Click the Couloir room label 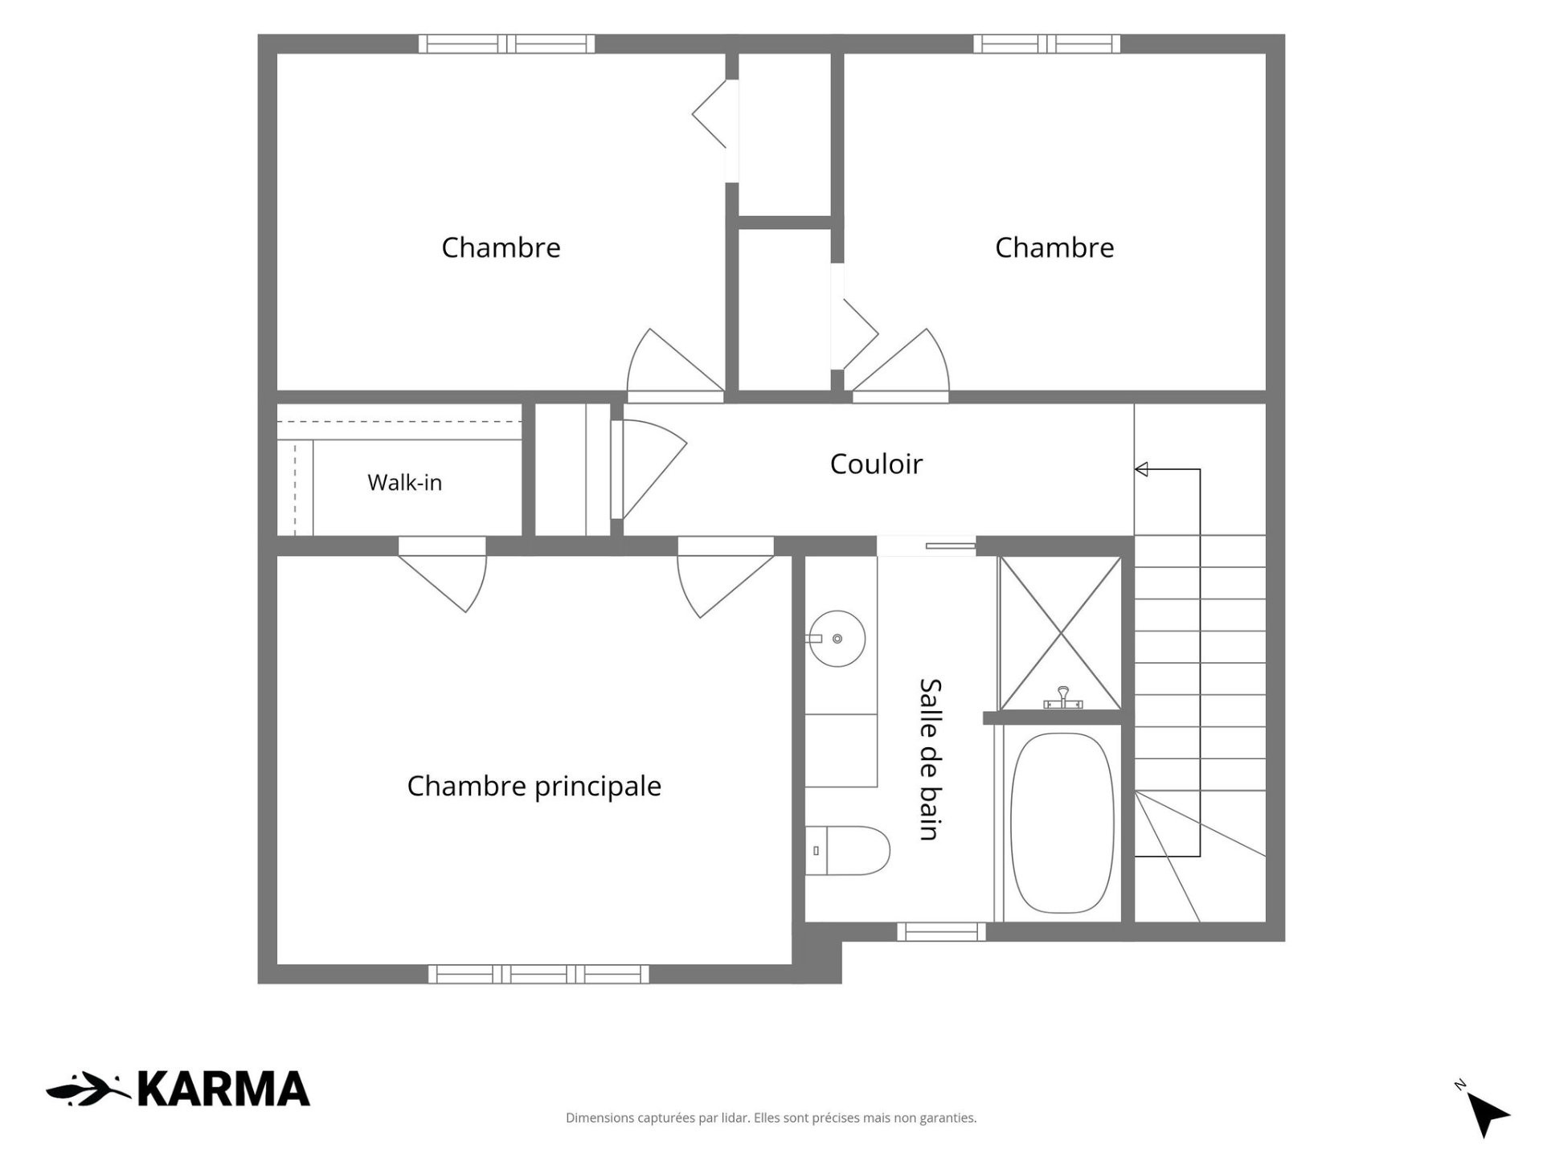pos(876,464)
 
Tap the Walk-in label pos(404,482)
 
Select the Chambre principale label pos(534,786)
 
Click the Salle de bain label pos(930,759)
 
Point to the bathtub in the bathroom pos(1062,823)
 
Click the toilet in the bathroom pos(847,850)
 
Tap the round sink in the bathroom pos(837,639)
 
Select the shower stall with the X pos(1061,633)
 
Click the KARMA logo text pos(223,1090)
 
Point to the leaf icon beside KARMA pos(88,1090)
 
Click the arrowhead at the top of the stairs pos(1141,469)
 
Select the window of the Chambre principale pos(538,974)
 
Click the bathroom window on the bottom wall pos(941,932)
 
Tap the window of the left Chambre pos(506,43)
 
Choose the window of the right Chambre pos(1046,43)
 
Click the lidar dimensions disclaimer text pos(771,1118)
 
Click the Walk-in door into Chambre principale pos(443,574)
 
